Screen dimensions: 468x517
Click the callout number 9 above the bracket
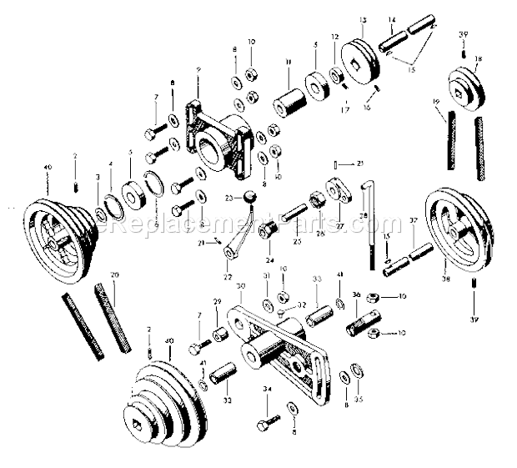[x=197, y=69]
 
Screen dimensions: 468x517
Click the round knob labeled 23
[x=248, y=196]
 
